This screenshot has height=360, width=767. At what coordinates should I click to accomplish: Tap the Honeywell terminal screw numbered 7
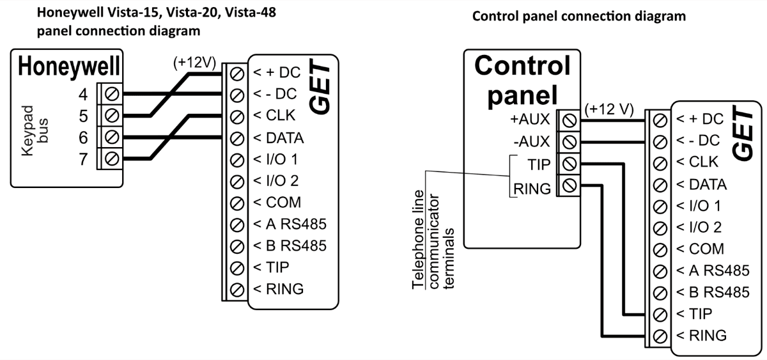[x=112, y=158]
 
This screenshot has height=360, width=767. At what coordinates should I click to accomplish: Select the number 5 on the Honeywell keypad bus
[x=83, y=116]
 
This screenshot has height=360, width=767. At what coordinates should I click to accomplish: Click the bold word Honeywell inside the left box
[x=70, y=67]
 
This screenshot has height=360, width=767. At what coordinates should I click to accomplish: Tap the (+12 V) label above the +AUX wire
[x=608, y=109]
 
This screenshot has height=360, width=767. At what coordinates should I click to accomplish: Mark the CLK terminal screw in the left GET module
[x=236, y=116]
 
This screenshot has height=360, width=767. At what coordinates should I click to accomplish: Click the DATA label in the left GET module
[x=279, y=137]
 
